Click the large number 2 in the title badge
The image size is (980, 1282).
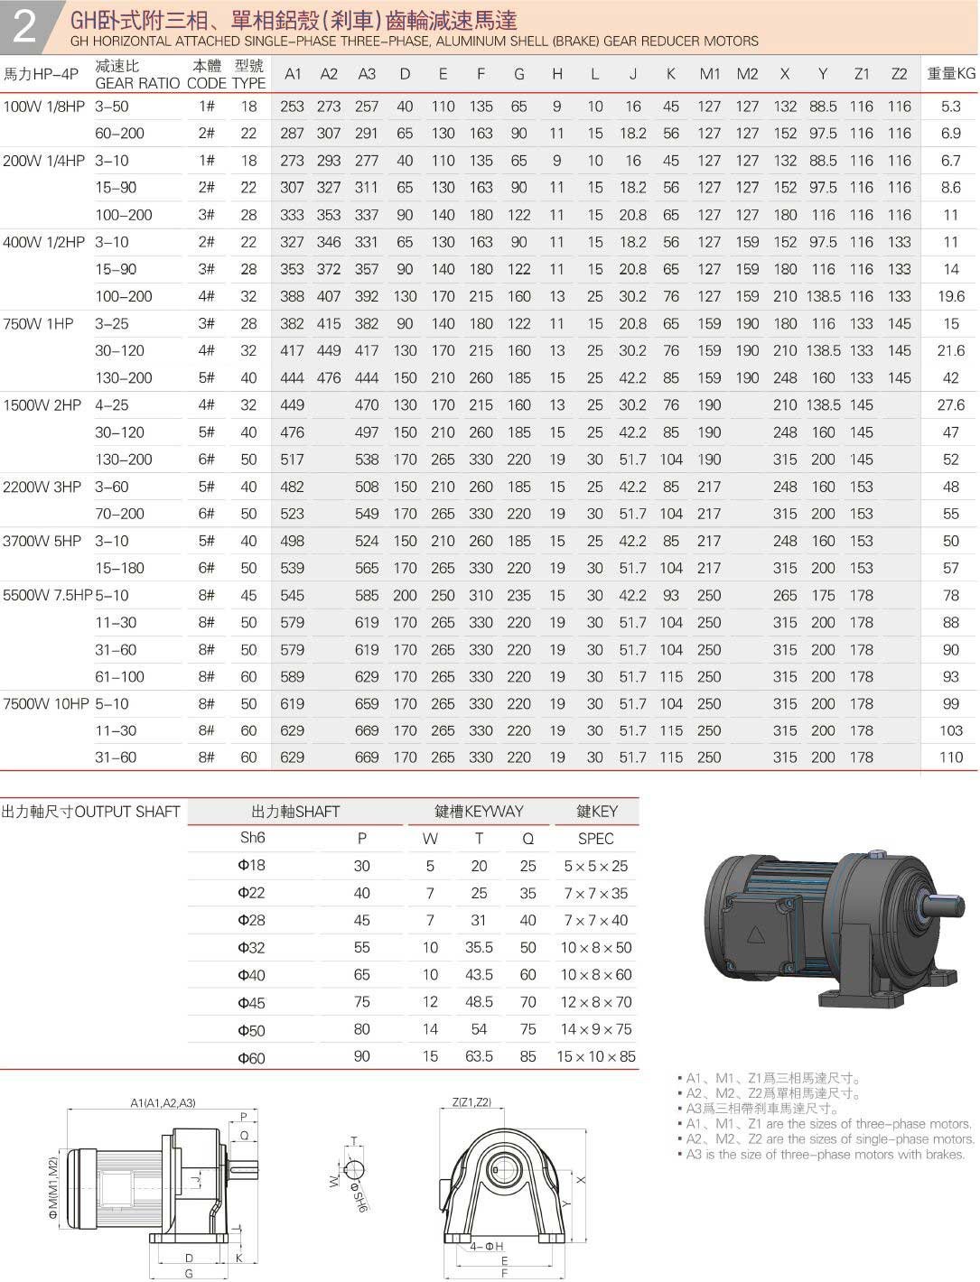click(x=24, y=26)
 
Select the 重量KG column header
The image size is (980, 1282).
click(x=951, y=74)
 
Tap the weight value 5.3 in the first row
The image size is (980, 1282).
click(x=950, y=107)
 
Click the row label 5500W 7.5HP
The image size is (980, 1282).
click(x=47, y=596)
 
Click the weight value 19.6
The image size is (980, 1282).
click(x=950, y=297)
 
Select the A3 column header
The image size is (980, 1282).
click(x=367, y=74)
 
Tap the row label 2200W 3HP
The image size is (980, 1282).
click(x=42, y=488)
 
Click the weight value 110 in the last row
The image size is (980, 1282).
click(x=950, y=758)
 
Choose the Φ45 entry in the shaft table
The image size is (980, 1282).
click(x=251, y=1003)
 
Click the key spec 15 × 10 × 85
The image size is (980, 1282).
click(x=595, y=1057)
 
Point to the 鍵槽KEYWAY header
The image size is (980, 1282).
click(x=479, y=812)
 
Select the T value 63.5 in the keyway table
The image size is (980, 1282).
click(x=479, y=1057)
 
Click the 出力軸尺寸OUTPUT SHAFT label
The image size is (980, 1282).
click(x=90, y=812)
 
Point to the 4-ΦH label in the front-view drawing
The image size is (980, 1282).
click(x=486, y=1247)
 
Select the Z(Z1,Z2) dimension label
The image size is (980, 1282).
click(x=471, y=1102)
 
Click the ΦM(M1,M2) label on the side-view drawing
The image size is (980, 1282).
click(x=53, y=1189)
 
